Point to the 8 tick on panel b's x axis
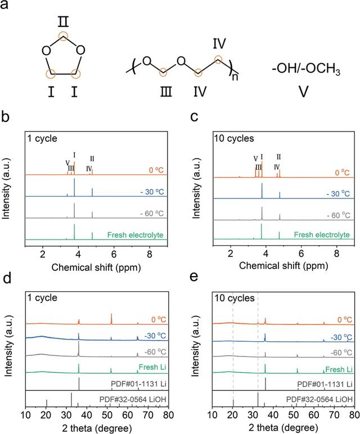click(150, 254)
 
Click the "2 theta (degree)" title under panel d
click(97, 428)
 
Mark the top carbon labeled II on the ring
click(64, 36)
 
